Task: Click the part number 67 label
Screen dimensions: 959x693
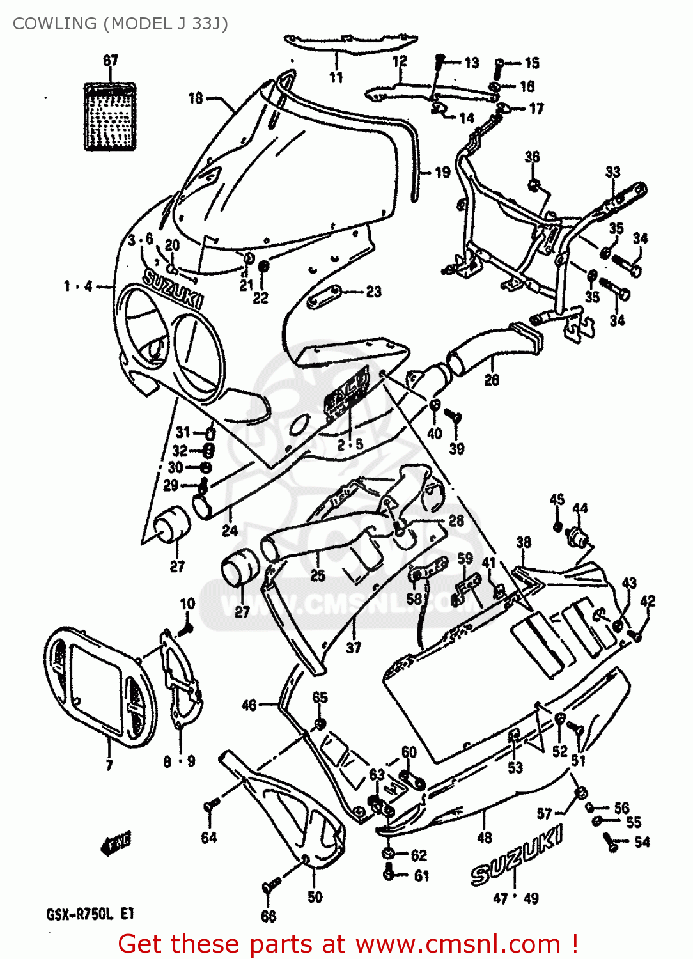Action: click(x=111, y=60)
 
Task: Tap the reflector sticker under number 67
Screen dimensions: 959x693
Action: click(x=111, y=116)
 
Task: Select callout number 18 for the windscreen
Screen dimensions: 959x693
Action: click(x=196, y=98)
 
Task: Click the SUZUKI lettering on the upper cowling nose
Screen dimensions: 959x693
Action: click(x=173, y=289)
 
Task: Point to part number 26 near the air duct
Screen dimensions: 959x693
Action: click(x=492, y=380)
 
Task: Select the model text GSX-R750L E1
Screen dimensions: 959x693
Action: click(x=90, y=914)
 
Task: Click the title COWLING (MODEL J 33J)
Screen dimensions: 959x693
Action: click(x=120, y=24)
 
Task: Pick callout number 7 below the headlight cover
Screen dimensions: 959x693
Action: click(x=109, y=765)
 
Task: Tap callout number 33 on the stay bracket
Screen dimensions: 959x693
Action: click(x=612, y=171)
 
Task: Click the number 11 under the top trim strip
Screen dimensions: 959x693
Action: click(x=336, y=77)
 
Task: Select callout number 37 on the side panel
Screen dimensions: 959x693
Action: click(x=354, y=648)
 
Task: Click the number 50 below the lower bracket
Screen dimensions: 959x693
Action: click(x=315, y=897)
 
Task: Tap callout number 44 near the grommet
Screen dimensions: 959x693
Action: click(x=580, y=508)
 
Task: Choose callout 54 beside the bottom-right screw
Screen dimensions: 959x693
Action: click(x=642, y=842)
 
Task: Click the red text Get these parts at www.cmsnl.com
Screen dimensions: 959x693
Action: click(x=348, y=944)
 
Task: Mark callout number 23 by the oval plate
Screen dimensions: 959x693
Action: click(x=373, y=292)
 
